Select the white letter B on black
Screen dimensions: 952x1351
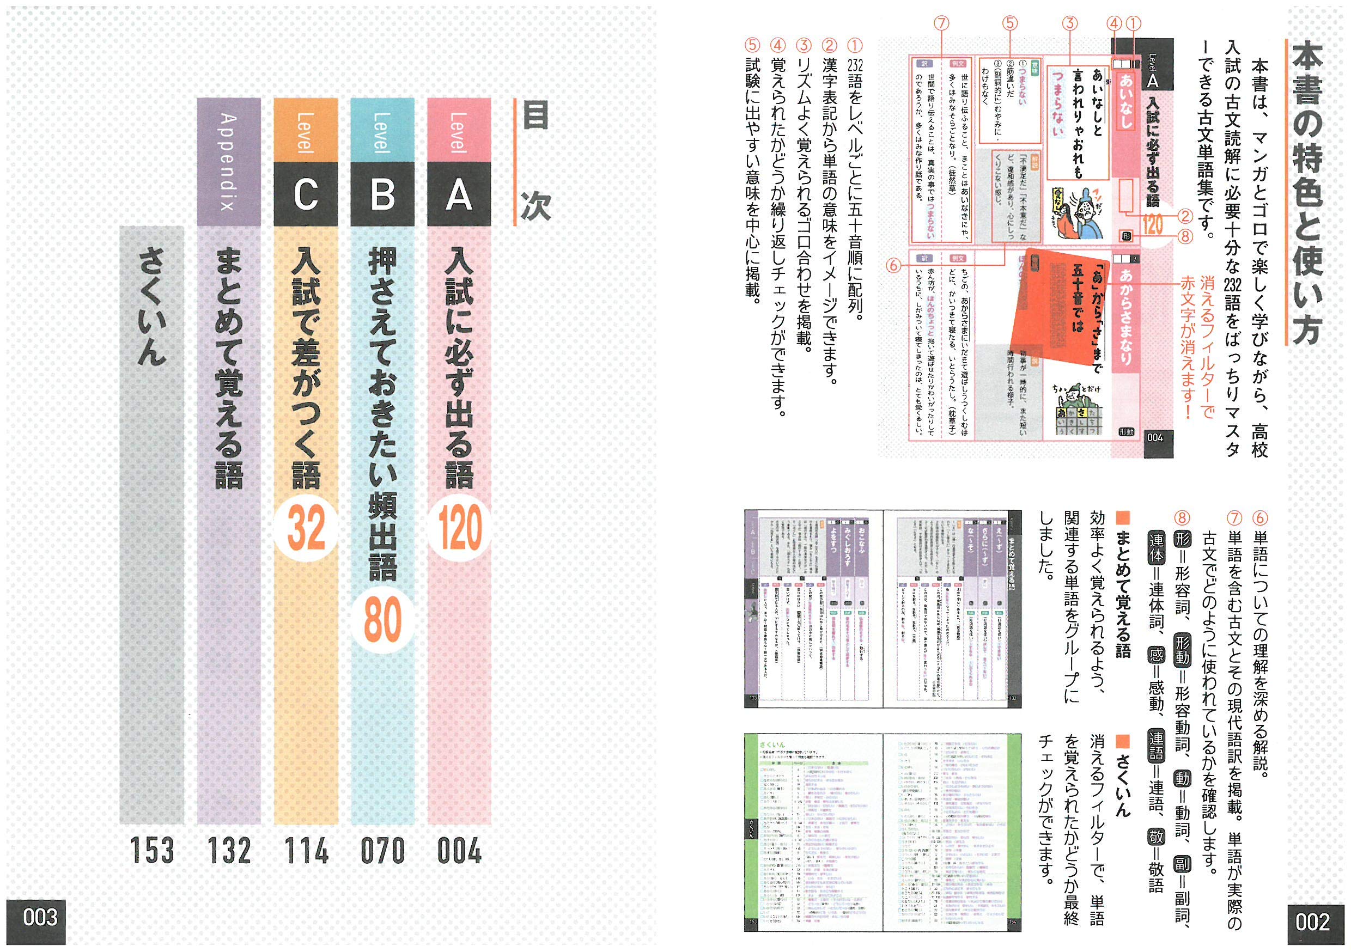[382, 195]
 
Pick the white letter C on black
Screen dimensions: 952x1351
[306, 195]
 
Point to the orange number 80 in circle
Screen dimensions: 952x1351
[382, 619]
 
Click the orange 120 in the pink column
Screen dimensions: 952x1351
[460, 528]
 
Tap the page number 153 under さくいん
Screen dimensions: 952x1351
[152, 851]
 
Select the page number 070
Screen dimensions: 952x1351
[382, 851]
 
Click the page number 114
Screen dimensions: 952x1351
[306, 851]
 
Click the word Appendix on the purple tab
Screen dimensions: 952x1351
[228, 162]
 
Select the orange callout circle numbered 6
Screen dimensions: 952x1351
[893, 266]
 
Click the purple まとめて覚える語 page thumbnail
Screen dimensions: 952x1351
[883, 609]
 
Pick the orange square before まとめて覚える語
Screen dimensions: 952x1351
[1123, 518]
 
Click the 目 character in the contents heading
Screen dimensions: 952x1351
[535, 115]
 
